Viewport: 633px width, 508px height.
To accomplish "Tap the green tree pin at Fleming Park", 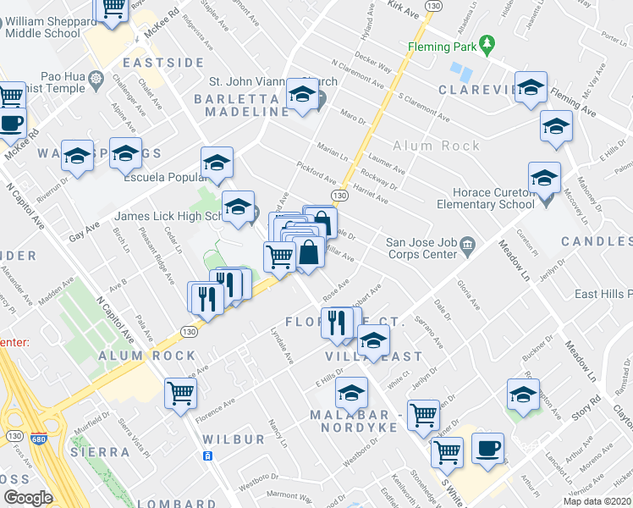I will (x=486, y=43).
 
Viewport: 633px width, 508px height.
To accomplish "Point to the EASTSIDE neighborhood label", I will (x=164, y=63).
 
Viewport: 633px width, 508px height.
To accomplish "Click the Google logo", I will (x=28, y=498).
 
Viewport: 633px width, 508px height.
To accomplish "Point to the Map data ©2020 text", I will (x=597, y=501).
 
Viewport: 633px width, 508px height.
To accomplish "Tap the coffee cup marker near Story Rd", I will (x=488, y=448).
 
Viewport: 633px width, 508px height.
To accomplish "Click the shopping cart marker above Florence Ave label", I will (x=181, y=393).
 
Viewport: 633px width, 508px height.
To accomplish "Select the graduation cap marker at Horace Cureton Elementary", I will (x=544, y=178).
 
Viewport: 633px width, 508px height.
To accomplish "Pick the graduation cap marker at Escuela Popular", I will (x=217, y=162).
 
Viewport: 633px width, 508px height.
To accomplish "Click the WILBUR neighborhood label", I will (x=234, y=440).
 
